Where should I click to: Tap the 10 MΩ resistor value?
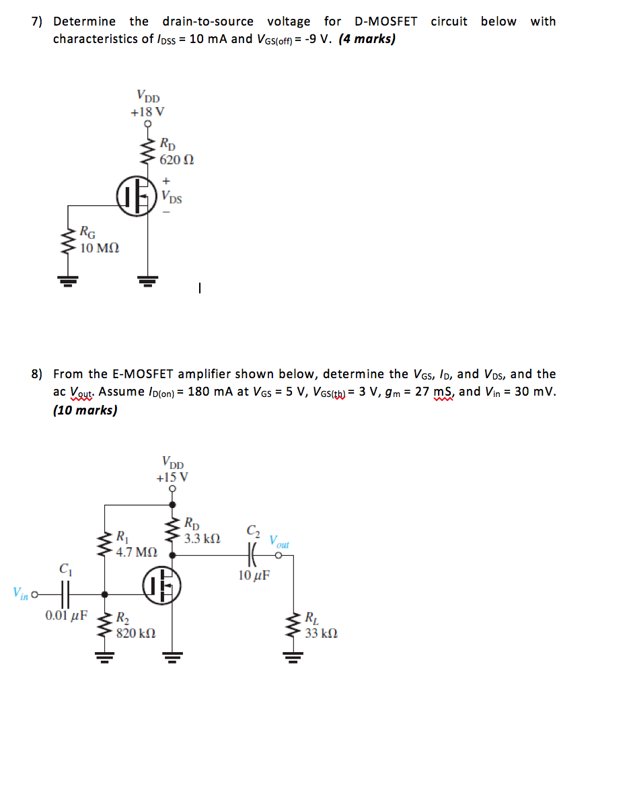click(x=100, y=248)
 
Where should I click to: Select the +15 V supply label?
click(x=172, y=478)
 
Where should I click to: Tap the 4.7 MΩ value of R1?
click(x=137, y=552)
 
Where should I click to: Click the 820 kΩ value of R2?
click(x=137, y=633)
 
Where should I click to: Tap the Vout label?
click(x=279, y=540)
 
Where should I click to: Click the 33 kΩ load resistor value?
click(x=321, y=633)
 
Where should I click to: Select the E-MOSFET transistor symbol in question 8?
click(x=161, y=586)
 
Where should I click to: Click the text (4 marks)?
click(x=367, y=39)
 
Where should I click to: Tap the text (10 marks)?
click(x=85, y=410)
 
